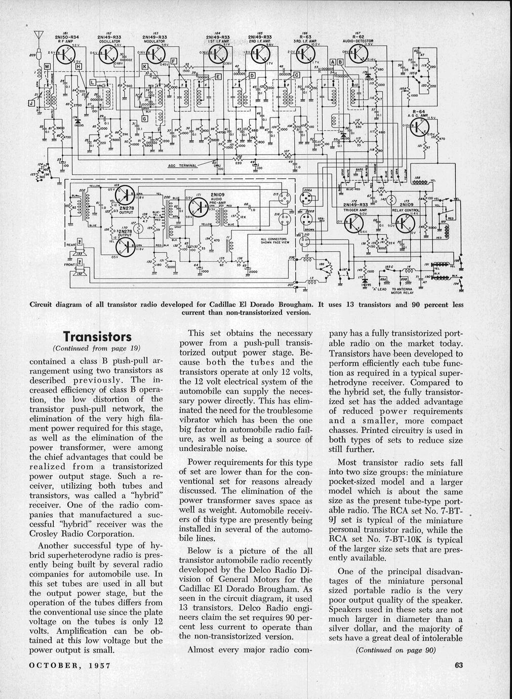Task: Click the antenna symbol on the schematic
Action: (37, 37)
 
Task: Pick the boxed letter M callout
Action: (47, 66)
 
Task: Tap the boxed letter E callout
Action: (219, 76)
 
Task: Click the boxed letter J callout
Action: (32, 105)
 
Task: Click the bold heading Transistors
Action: (97, 337)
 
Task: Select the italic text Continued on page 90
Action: (396, 650)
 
